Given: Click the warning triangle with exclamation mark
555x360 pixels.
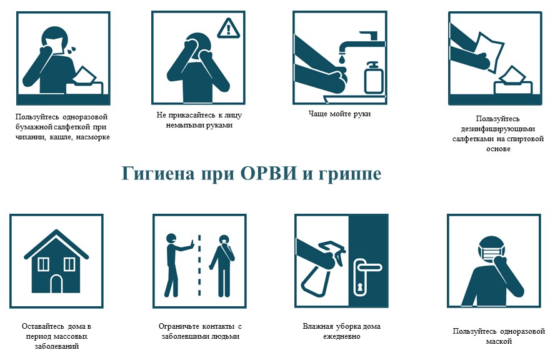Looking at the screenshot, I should tap(228, 27).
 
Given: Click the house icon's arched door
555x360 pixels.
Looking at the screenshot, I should tap(56, 284).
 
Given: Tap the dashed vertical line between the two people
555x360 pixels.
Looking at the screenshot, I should tap(199, 265).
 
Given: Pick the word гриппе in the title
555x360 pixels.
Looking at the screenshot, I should tap(349, 173).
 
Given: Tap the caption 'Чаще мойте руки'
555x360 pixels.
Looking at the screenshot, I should tap(339, 114).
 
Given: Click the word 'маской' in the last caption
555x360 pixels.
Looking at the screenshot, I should tap(499, 341).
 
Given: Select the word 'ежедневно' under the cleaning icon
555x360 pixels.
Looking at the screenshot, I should tap(341, 336).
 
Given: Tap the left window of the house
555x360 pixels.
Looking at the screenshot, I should tap(43, 264).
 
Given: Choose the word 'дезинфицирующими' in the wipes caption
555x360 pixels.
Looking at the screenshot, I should tap(498, 129).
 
